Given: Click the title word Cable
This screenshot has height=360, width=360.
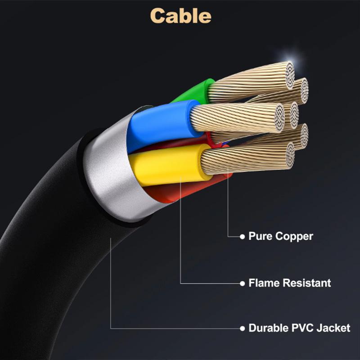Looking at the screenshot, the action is [x=181, y=16].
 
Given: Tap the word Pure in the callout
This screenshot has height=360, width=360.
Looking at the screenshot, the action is [x=261, y=236].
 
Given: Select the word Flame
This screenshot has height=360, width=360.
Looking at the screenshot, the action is [x=264, y=283].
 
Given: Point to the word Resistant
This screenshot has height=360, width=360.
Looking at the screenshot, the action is [x=307, y=283].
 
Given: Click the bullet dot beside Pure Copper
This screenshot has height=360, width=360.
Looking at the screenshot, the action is [x=242, y=237].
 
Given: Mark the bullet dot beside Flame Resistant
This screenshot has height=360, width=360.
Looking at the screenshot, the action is [x=242, y=283].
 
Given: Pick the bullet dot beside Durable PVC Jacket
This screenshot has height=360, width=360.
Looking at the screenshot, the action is [x=242, y=328].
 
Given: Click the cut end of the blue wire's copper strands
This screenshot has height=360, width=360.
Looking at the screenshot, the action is [x=279, y=118].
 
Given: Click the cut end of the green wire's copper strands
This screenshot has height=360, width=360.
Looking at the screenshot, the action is [x=290, y=75].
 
